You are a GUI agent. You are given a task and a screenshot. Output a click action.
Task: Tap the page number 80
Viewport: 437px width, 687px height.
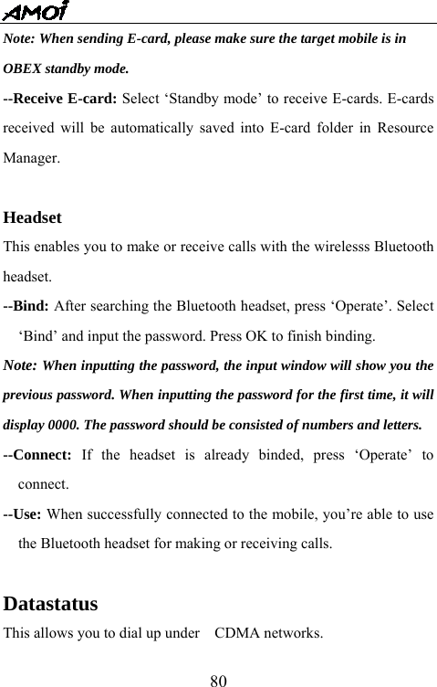(x=218, y=680)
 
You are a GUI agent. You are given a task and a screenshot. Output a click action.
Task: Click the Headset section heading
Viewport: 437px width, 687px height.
(x=33, y=218)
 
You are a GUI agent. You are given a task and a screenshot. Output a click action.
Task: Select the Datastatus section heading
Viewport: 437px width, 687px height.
(x=51, y=604)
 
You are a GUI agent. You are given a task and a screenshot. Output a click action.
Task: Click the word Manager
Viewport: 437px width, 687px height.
(x=32, y=157)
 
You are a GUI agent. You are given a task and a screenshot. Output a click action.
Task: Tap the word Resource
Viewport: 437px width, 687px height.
(x=403, y=128)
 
